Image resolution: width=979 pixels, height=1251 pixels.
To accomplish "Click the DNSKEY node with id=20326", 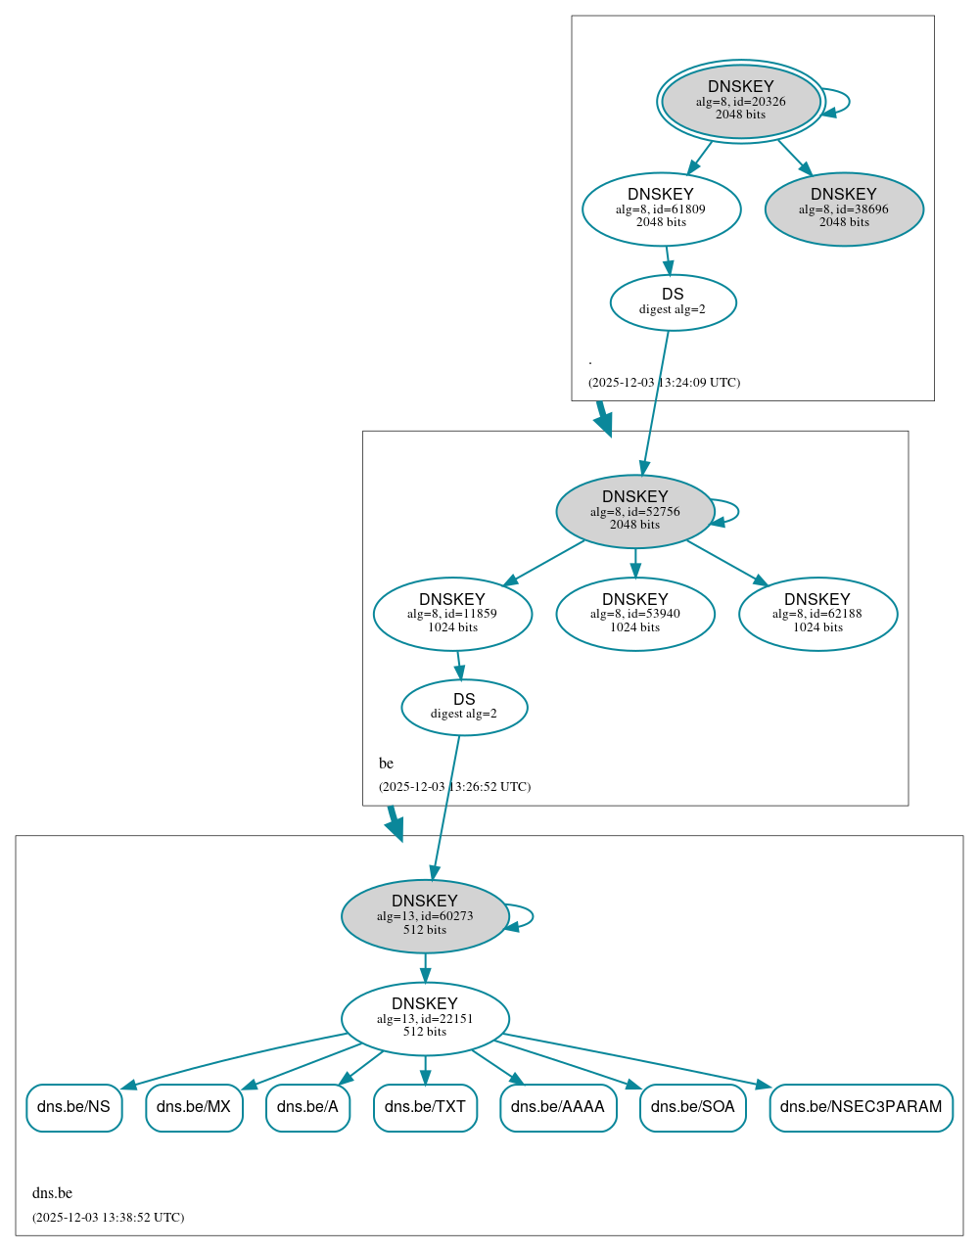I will [741, 101].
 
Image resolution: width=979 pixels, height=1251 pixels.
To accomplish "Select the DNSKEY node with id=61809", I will [661, 208].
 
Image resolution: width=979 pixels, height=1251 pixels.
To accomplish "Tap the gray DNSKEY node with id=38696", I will [844, 208].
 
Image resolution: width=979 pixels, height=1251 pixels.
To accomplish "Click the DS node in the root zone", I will [673, 301].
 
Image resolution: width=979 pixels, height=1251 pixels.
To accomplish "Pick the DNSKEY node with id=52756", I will [634, 511].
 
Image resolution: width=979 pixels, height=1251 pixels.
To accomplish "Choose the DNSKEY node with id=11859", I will [452, 614].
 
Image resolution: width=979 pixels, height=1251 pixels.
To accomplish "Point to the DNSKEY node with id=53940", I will [634, 614].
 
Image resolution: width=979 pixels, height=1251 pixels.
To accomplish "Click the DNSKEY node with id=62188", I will [817, 614].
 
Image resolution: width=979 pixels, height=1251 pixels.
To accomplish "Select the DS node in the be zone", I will [464, 707].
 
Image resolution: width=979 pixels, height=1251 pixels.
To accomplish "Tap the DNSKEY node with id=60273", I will [425, 916].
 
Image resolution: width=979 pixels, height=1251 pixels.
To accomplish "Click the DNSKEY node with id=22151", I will [425, 1018].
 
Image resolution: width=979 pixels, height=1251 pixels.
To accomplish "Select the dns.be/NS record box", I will [74, 1107].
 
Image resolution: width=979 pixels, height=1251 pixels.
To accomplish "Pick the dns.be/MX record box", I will [194, 1107].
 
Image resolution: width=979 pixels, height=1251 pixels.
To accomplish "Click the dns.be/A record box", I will [307, 1107].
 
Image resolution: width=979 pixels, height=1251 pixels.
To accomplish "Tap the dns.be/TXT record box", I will [425, 1107].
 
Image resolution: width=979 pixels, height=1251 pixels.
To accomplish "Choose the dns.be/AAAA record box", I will [558, 1107].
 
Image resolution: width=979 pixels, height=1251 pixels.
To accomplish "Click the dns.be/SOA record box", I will [692, 1107].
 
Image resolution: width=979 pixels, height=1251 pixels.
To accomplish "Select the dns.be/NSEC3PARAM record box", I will [861, 1107].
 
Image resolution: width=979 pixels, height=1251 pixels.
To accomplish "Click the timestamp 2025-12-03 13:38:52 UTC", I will [108, 1218].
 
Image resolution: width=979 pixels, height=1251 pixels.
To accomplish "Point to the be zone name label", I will [387, 764].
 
